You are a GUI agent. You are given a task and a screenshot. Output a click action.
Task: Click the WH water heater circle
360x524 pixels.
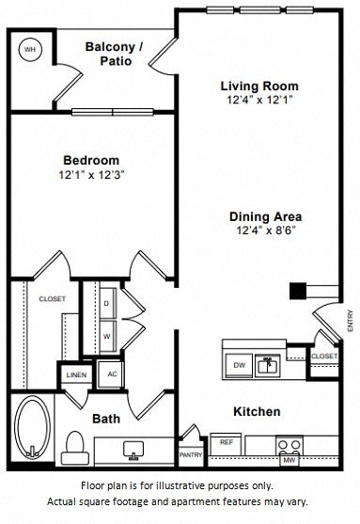pyautogui.click(x=30, y=49)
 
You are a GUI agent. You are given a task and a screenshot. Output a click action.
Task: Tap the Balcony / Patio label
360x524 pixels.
pyautogui.click(x=114, y=54)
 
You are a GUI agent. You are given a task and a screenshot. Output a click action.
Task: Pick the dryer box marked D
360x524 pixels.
pyautogui.click(x=105, y=305)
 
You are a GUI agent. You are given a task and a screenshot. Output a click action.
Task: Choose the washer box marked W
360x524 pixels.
pyautogui.click(x=105, y=334)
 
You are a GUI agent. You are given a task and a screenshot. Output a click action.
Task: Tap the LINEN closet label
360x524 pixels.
pyautogui.click(x=76, y=373)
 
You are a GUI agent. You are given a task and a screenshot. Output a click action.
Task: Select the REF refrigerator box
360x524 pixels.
pyautogui.click(x=227, y=441)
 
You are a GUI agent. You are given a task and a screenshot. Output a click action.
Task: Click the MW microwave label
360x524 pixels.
pyautogui.click(x=290, y=460)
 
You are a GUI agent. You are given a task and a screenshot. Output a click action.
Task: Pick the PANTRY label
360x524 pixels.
pyautogui.click(x=191, y=454)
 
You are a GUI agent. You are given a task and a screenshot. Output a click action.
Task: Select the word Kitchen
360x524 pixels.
pyautogui.click(x=257, y=411)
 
